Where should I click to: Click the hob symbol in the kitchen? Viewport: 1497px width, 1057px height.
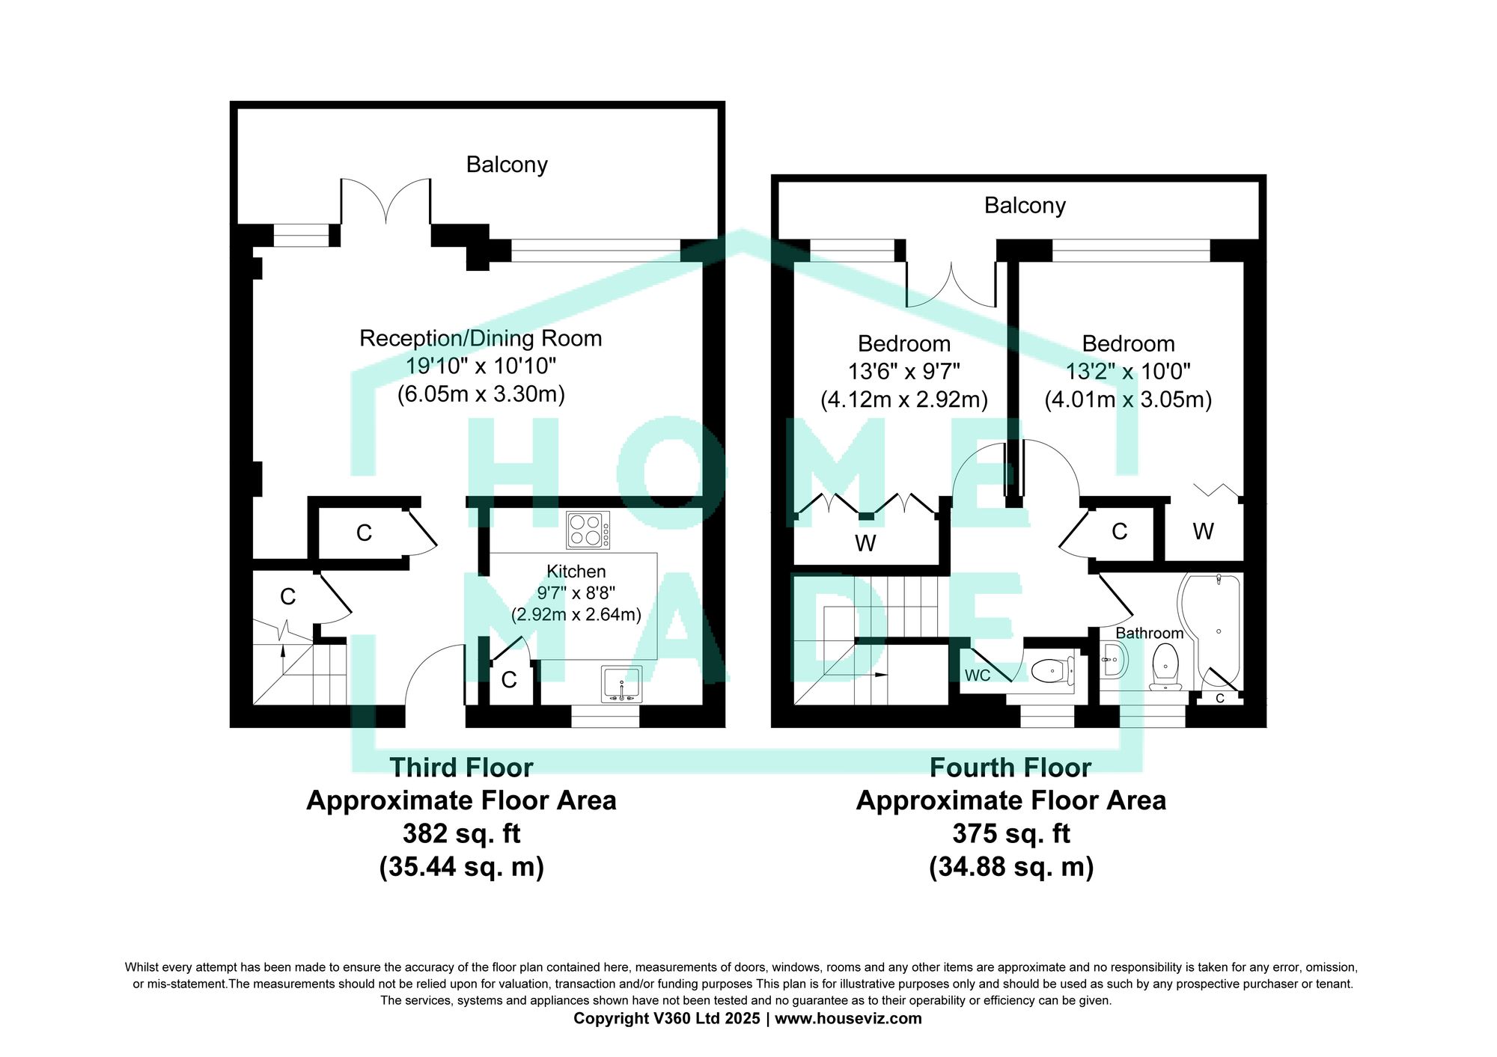pyautogui.click(x=588, y=530)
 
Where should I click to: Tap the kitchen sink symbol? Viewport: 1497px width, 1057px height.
pyautogui.click(x=621, y=684)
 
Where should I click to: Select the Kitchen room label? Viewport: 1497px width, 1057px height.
pyautogui.click(x=576, y=572)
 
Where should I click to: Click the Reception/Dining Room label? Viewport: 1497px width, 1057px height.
pyautogui.click(x=481, y=339)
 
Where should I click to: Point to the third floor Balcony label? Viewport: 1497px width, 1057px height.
pyautogui.click(x=507, y=165)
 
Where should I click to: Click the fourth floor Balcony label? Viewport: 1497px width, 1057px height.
pyautogui.click(x=1025, y=206)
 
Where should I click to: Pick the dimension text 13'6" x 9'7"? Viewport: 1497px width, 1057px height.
pyautogui.click(x=904, y=371)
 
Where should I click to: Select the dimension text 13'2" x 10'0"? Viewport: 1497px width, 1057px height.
pyautogui.click(x=1128, y=371)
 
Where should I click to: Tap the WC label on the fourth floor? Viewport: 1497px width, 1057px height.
pyautogui.click(x=978, y=675)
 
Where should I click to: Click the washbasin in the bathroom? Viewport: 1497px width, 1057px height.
pyautogui.click(x=1113, y=660)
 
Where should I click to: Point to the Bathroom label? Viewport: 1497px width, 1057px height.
pyautogui.click(x=1150, y=633)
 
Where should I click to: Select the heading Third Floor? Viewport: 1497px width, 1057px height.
pyautogui.click(x=461, y=768)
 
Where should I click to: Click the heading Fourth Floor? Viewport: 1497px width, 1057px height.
pyautogui.click(x=1010, y=768)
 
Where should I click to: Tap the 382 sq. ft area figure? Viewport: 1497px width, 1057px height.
pyautogui.click(x=461, y=833)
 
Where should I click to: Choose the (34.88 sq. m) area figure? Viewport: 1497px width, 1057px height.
pyautogui.click(x=1011, y=867)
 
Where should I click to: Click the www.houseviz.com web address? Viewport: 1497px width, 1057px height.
pyautogui.click(x=848, y=1018)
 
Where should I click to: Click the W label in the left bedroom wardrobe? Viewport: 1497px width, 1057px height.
pyautogui.click(x=865, y=543)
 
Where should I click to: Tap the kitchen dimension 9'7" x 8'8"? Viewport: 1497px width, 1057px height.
pyautogui.click(x=576, y=593)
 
